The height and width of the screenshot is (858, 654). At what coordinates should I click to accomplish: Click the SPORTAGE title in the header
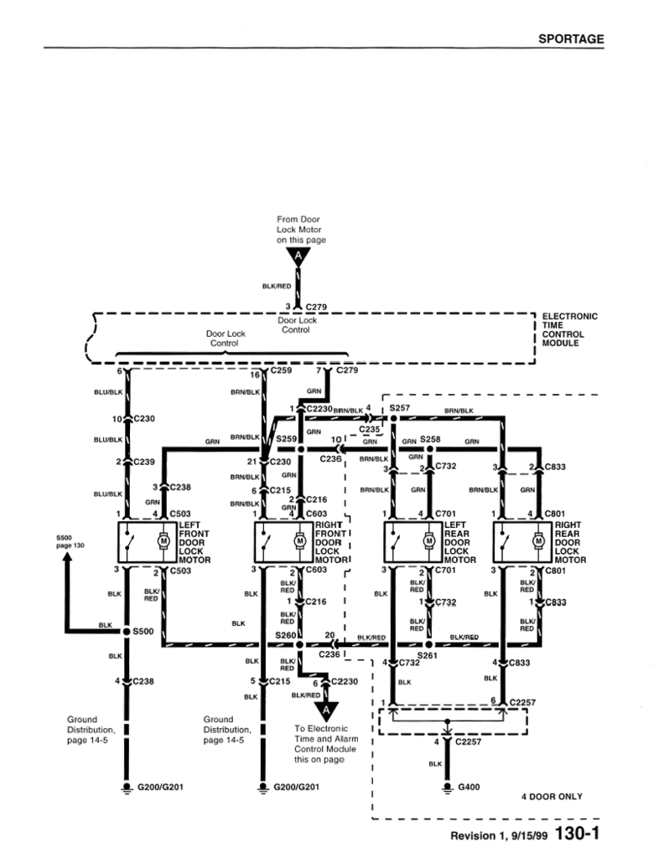tap(570, 39)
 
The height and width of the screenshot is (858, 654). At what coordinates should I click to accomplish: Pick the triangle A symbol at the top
tap(297, 256)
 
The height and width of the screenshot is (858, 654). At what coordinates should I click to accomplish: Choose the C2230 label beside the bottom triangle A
tap(344, 682)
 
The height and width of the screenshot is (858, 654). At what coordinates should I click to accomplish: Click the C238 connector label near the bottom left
tap(143, 681)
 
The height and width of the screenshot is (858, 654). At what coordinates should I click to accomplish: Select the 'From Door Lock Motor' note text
tap(299, 230)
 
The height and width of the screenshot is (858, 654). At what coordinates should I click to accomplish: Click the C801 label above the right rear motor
tap(555, 514)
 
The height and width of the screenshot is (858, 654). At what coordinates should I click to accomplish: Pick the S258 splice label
tap(430, 438)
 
